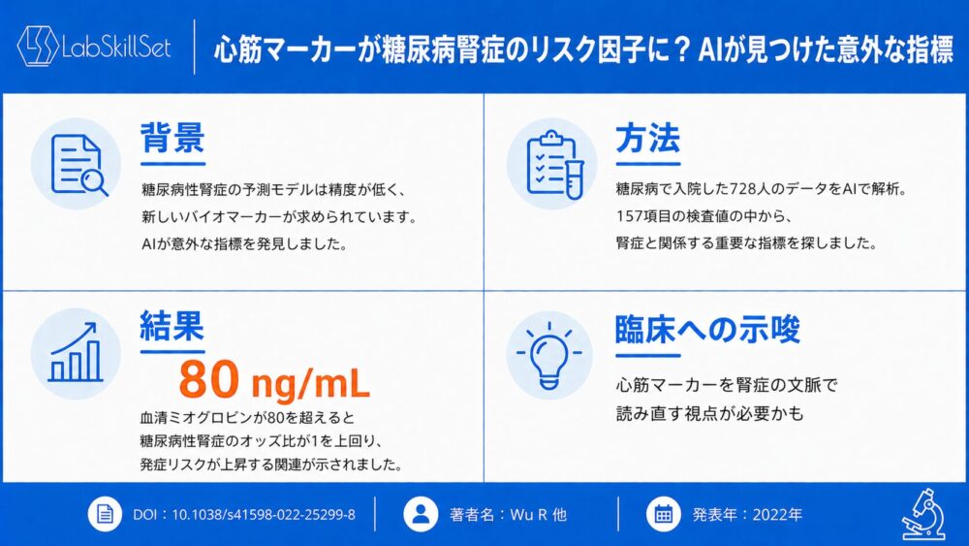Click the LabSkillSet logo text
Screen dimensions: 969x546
(x=116, y=47)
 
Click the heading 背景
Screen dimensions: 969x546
(x=172, y=138)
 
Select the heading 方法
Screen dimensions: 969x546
(x=647, y=138)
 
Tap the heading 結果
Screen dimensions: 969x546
(x=172, y=326)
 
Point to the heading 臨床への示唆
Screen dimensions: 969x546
(x=707, y=329)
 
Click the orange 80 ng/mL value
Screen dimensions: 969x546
(x=274, y=379)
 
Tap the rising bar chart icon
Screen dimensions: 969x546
(x=76, y=352)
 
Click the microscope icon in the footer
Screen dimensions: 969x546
(x=923, y=514)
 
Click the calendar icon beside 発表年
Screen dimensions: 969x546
(x=664, y=514)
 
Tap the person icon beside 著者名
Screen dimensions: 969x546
(x=421, y=514)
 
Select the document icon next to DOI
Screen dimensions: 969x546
(x=105, y=514)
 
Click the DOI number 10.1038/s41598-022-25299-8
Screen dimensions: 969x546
(x=264, y=514)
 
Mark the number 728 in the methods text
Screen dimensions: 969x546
(x=742, y=188)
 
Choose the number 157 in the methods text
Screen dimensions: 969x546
(x=628, y=216)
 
